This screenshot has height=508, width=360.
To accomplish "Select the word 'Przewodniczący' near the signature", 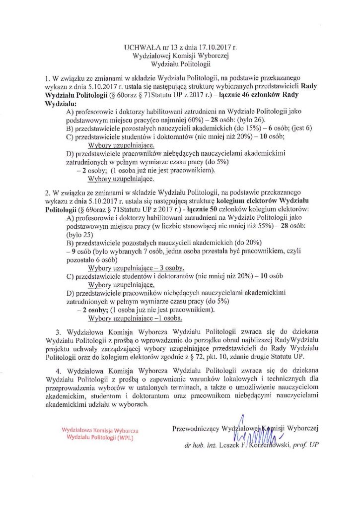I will pyautogui.click(x=195, y=428).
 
